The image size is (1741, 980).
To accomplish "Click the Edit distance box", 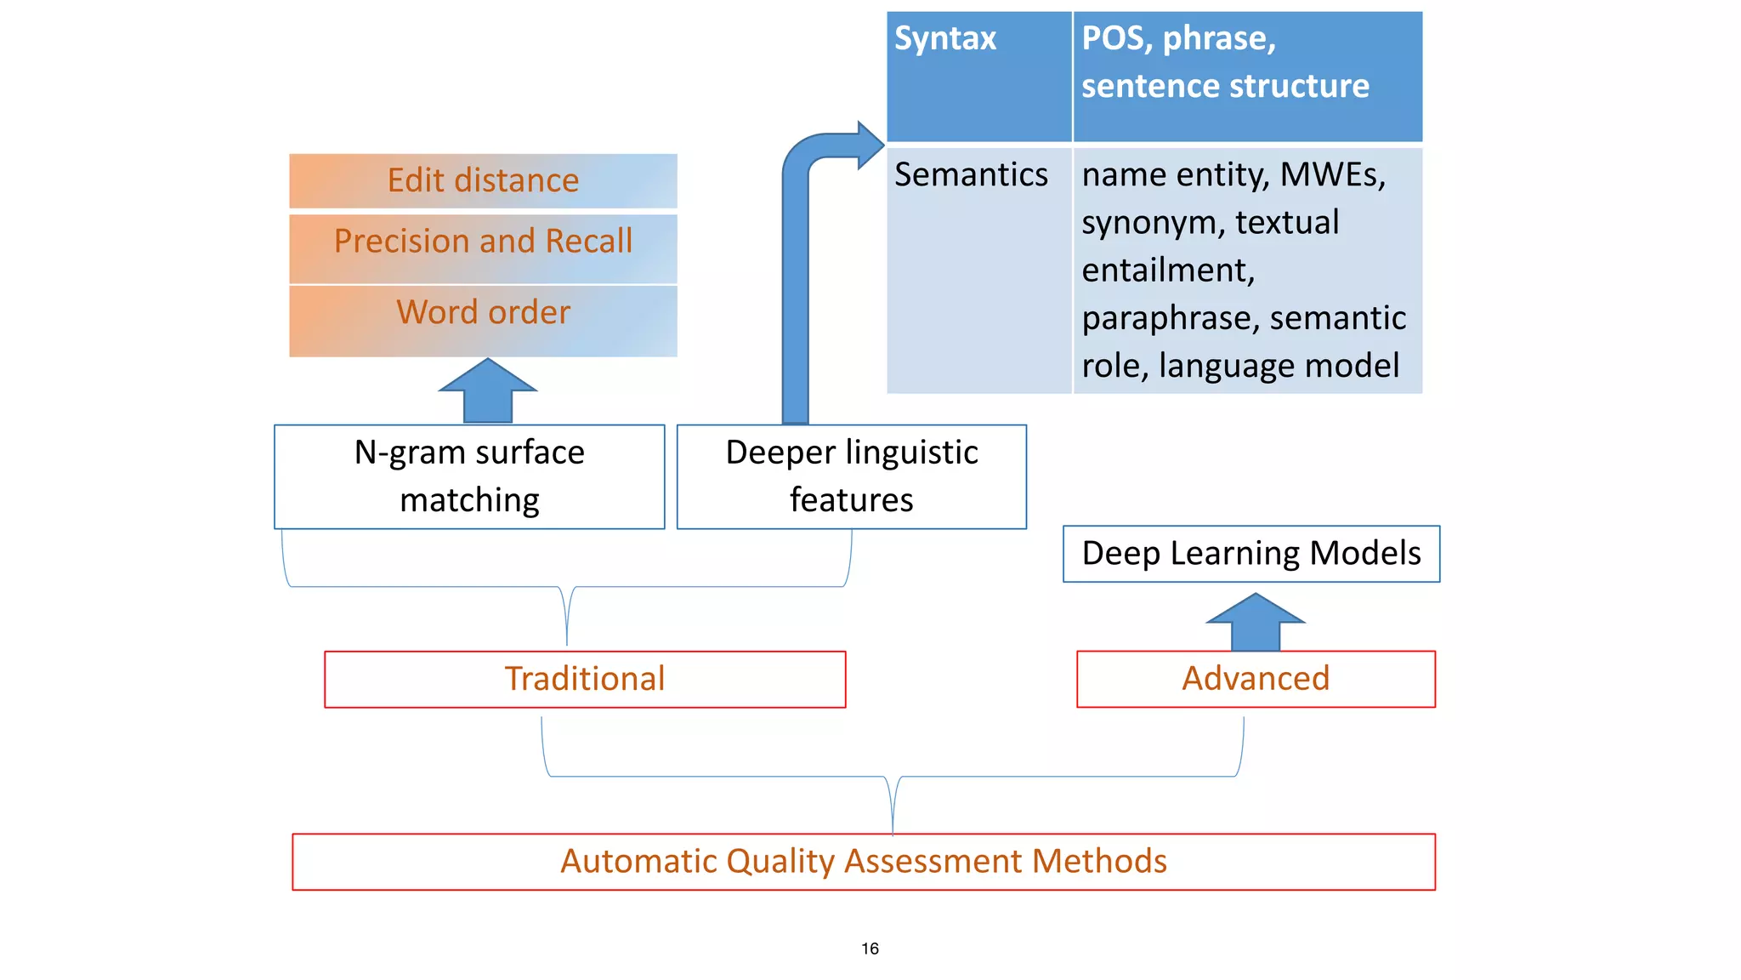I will click(483, 181).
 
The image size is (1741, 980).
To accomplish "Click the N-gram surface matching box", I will click(469, 476).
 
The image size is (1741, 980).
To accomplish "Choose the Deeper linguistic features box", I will click(851, 476).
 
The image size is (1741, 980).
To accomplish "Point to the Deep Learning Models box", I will click(1250, 554).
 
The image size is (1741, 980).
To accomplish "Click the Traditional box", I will click(585, 679).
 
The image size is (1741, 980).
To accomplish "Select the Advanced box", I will click(1256, 679).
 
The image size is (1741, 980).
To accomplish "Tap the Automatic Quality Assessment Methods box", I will click(863, 862).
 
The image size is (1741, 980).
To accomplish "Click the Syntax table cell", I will click(945, 39).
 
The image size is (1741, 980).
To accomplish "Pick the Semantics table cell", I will click(971, 175).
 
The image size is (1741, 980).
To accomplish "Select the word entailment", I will click(1167, 271).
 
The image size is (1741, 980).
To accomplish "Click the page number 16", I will click(870, 949).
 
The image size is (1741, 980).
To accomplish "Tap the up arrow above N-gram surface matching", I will click(488, 391).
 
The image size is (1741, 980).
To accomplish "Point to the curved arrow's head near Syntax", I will click(870, 145).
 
